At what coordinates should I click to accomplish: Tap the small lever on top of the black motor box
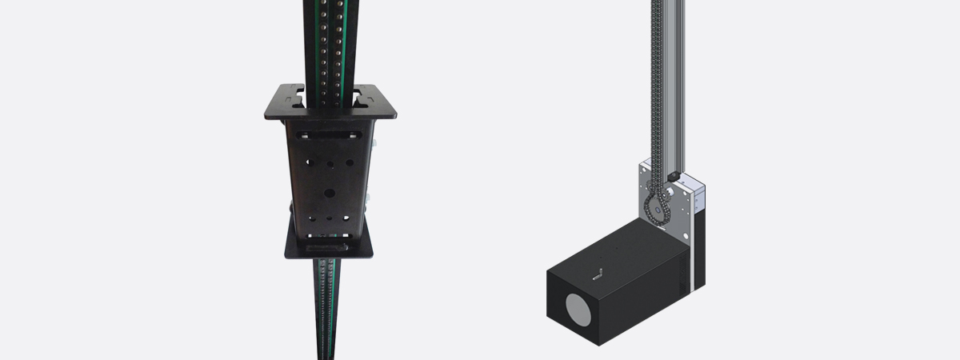(598, 273)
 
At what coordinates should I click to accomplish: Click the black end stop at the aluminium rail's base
(674, 174)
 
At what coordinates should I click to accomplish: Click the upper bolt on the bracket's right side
(371, 145)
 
